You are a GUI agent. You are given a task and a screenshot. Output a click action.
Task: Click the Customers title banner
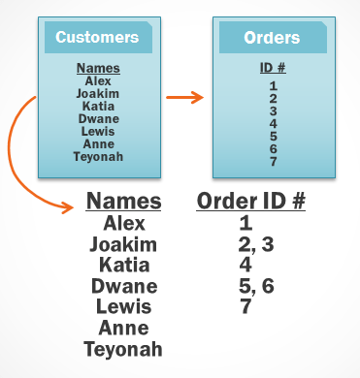click(x=97, y=38)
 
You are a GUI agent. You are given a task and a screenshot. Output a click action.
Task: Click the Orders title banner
click(x=272, y=39)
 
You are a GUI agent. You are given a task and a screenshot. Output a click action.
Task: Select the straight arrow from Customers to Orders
click(x=183, y=96)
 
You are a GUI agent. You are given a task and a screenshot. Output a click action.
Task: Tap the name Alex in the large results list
click(x=124, y=224)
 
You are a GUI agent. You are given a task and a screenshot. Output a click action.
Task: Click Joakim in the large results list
click(x=123, y=244)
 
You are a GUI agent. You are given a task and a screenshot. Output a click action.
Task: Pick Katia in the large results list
click(x=123, y=265)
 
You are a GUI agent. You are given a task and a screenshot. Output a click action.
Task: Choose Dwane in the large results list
click(x=123, y=286)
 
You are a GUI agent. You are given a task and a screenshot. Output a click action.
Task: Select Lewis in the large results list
click(x=123, y=306)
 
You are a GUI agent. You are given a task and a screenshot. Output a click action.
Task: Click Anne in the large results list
click(x=123, y=328)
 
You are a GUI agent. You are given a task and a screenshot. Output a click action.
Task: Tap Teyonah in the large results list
click(x=123, y=349)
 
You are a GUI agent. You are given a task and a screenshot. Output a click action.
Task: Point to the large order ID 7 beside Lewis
click(x=245, y=306)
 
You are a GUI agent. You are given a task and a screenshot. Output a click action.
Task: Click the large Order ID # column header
click(x=251, y=202)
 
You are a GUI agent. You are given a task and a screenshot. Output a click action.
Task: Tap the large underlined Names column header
click(x=123, y=202)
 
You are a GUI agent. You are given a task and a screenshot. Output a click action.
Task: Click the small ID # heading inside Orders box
click(x=273, y=69)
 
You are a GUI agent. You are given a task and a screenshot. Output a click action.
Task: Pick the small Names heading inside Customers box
click(x=98, y=69)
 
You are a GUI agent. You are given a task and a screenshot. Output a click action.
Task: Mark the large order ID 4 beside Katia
click(x=245, y=265)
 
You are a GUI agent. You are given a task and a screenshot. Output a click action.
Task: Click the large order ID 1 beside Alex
click(x=245, y=224)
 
